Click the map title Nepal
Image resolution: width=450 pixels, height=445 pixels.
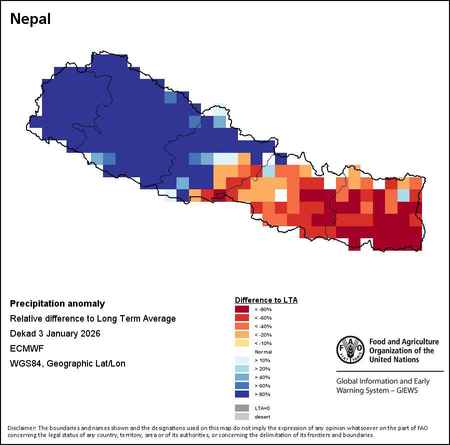pyautogui.click(x=30, y=19)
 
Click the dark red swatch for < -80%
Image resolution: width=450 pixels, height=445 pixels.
pyautogui.click(x=242, y=309)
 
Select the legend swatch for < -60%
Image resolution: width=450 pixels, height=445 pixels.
pyautogui.click(x=242, y=318)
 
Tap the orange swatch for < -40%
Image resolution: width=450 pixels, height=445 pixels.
pyautogui.click(x=242, y=326)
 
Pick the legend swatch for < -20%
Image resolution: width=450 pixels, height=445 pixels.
pyautogui.click(x=242, y=335)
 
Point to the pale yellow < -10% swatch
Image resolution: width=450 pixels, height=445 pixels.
pyautogui.click(x=242, y=343)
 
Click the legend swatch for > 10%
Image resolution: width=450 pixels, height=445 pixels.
pyautogui.click(x=242, y=360)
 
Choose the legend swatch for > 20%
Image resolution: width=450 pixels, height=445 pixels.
pyautogui.click(x=242, y=369)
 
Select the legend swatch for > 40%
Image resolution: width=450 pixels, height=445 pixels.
pyautogui.click(x=242, y=377)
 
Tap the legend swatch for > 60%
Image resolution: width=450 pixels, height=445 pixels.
pyautogui.click(x=242, y=386)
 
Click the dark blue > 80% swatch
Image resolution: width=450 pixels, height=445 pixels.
pyautogui.click(x=242, y=394)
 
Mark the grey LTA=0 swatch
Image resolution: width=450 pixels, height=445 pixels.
pyautogui.click(x=242, y=408)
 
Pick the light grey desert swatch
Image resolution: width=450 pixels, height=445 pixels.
pyautogui.click(x=242, y=417)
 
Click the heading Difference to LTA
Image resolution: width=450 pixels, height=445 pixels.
pyautogui.click(x=266, y=300)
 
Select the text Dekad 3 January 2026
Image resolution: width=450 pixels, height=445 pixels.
pyautogui.click(x=55, y=334)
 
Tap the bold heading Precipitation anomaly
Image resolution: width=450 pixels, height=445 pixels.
pyautogui.click(x=57, y=304)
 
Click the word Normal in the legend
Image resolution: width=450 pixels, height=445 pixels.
pyautogui.click(x=263, y=352)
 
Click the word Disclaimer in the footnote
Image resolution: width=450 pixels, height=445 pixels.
pyautogui.click(x=21, y=428)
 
